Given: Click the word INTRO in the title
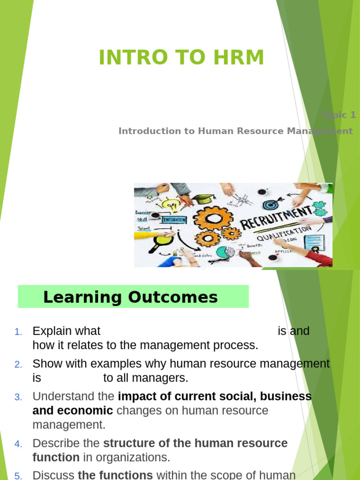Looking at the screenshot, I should pos(134,58).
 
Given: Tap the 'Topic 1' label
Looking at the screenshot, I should pos(338,115).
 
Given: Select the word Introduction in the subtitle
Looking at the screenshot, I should pos(150,131).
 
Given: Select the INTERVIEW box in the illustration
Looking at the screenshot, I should pos(173,219).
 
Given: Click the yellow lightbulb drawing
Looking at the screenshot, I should pos(170,204).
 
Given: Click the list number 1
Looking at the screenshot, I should pos(18,332).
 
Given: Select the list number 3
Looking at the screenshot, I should pos(18,397).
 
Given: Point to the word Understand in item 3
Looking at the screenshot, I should pos(64,396).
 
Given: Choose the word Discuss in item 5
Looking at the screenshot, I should pos(53,475).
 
